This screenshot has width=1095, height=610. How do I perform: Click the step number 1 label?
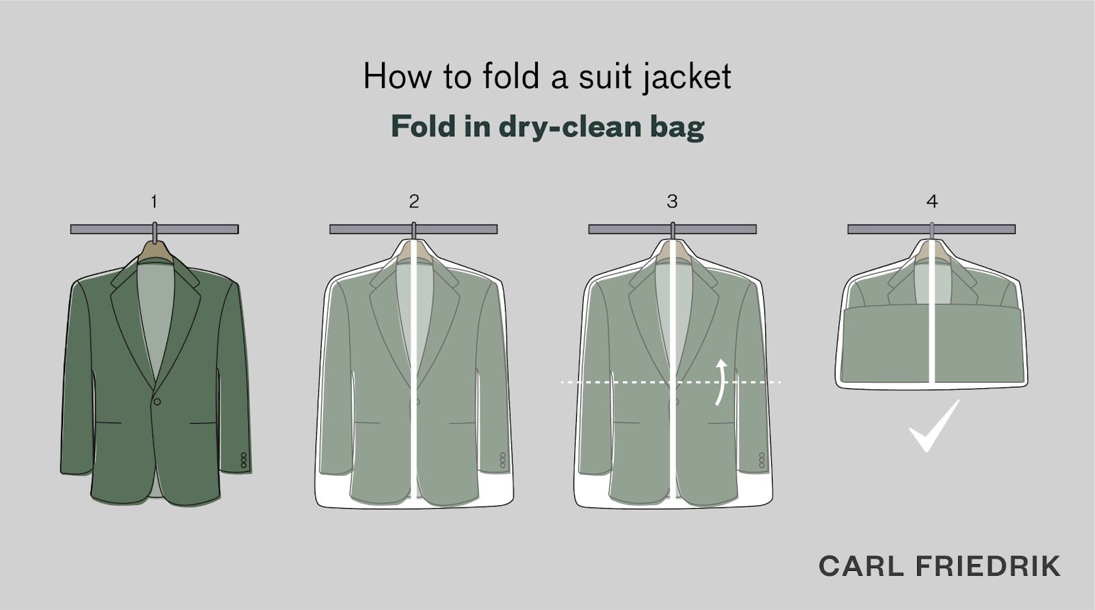tap(154, 201)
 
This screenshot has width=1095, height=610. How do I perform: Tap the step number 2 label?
tap(413, 201)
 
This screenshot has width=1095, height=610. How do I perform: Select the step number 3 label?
tap(672, 201)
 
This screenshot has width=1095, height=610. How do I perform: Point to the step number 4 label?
tap(931, 201)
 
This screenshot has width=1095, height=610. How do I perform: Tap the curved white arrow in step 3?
tap(720, 383)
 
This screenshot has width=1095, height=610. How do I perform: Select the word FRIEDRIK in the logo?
tap(988, 566)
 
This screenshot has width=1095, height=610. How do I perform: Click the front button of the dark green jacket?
tap(157, 402)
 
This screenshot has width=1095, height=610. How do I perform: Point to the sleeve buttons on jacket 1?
tap(244, 460)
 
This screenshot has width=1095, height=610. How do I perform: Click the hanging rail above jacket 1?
tap(155, 229)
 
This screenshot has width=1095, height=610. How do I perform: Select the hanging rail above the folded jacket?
tap(931, 229)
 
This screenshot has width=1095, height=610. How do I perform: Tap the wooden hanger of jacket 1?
tap(155, 252)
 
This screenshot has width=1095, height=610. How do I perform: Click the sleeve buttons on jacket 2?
tap(502, 460)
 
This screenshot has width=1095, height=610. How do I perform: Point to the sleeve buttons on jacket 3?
tap(761, 460)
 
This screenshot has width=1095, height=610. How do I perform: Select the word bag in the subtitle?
tap(682, 127)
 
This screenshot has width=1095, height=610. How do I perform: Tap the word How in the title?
tap(398, 77)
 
